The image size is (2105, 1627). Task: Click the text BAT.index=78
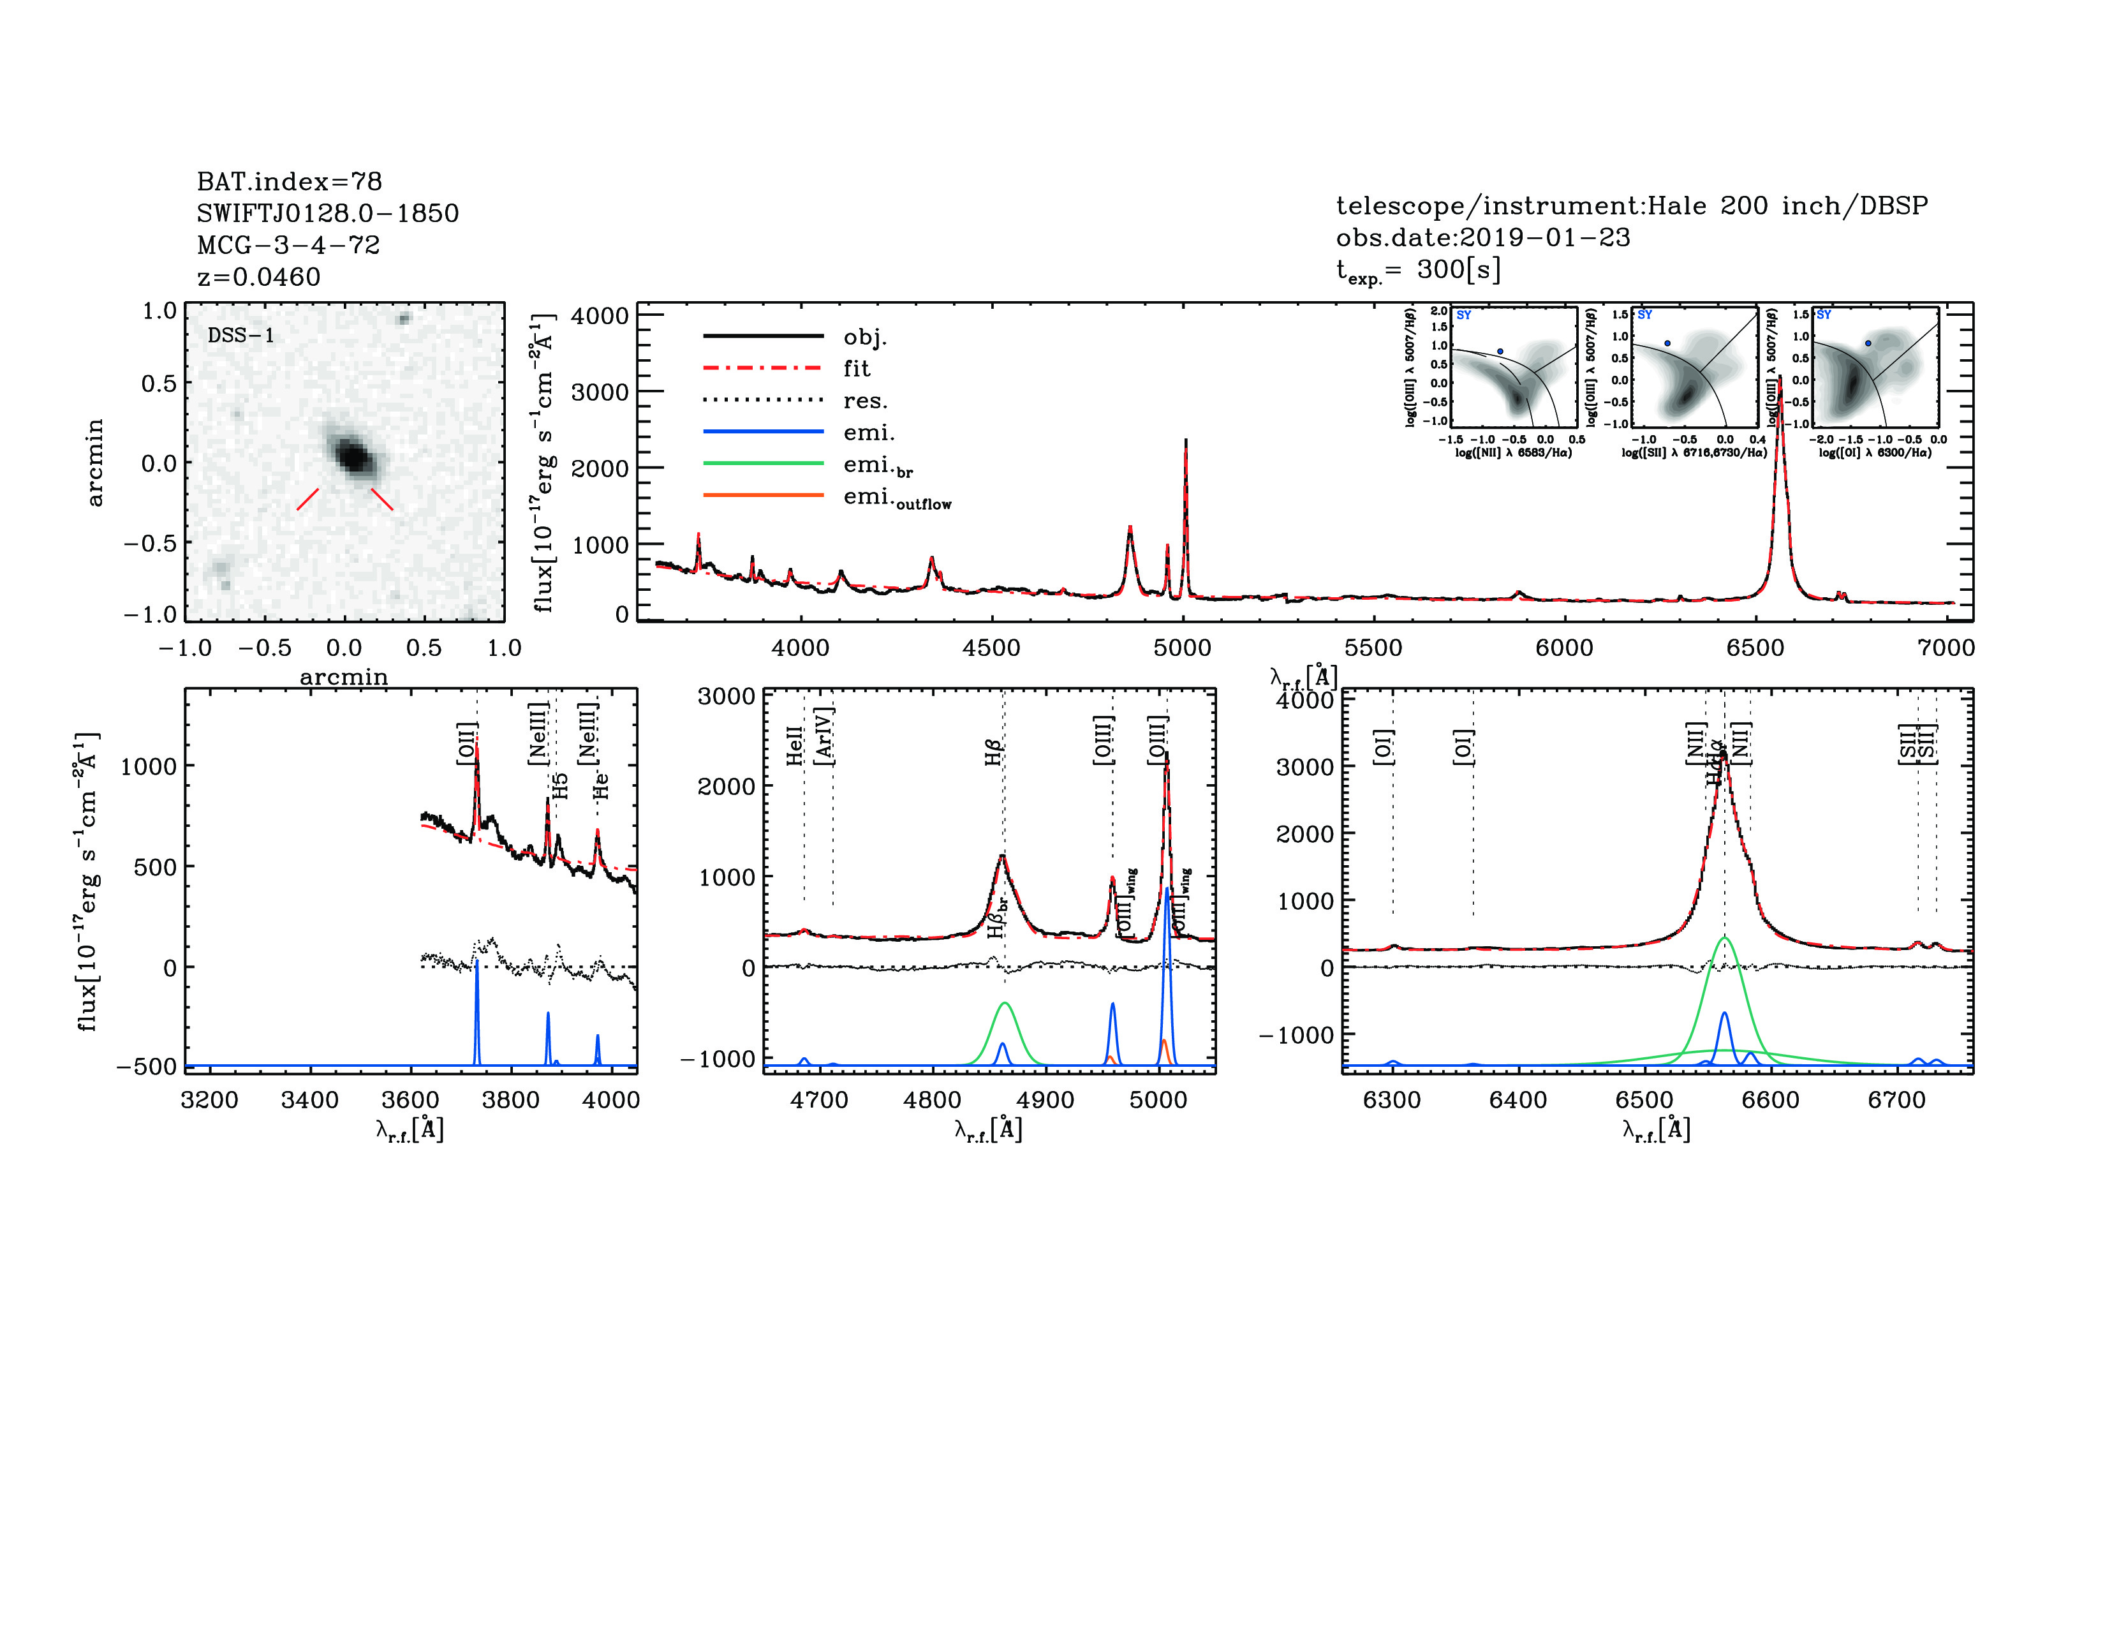tap(289, 182)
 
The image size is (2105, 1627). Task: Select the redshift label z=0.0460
tap(258, 278)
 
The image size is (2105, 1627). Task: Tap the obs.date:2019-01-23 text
tap(1482, 238)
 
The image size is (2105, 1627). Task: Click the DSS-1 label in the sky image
tap(241, 336)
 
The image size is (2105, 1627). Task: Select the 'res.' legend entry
tap(864, 401)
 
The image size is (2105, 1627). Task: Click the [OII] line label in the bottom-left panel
tap(466, 743)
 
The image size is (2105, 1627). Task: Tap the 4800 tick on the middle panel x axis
tap(932, 1101)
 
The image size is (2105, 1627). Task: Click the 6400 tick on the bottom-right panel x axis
tap(1518, 1101)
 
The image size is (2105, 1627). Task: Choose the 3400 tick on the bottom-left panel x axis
tap(309, 1101)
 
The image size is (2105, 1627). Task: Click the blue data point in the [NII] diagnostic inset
tap(1500, 352)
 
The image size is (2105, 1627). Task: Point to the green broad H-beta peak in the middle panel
tap(1004, 1004)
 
